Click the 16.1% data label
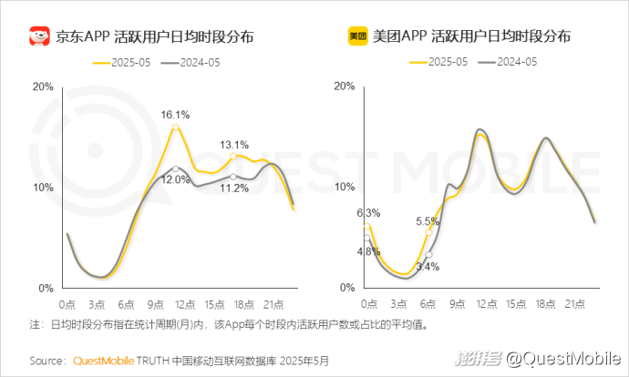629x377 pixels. [176, 115]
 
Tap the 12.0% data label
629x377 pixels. [176, 179]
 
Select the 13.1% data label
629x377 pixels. [234, 145]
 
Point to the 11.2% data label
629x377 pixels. [235, 188]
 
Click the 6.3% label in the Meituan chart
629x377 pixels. [368, 213]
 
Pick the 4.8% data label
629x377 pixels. [368, 251]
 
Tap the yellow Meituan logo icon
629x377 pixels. [357, 37]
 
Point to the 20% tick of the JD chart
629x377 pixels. [43, 87]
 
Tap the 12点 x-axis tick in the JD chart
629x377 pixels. [185, 303]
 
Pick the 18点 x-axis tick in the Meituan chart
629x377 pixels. [545, 303]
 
